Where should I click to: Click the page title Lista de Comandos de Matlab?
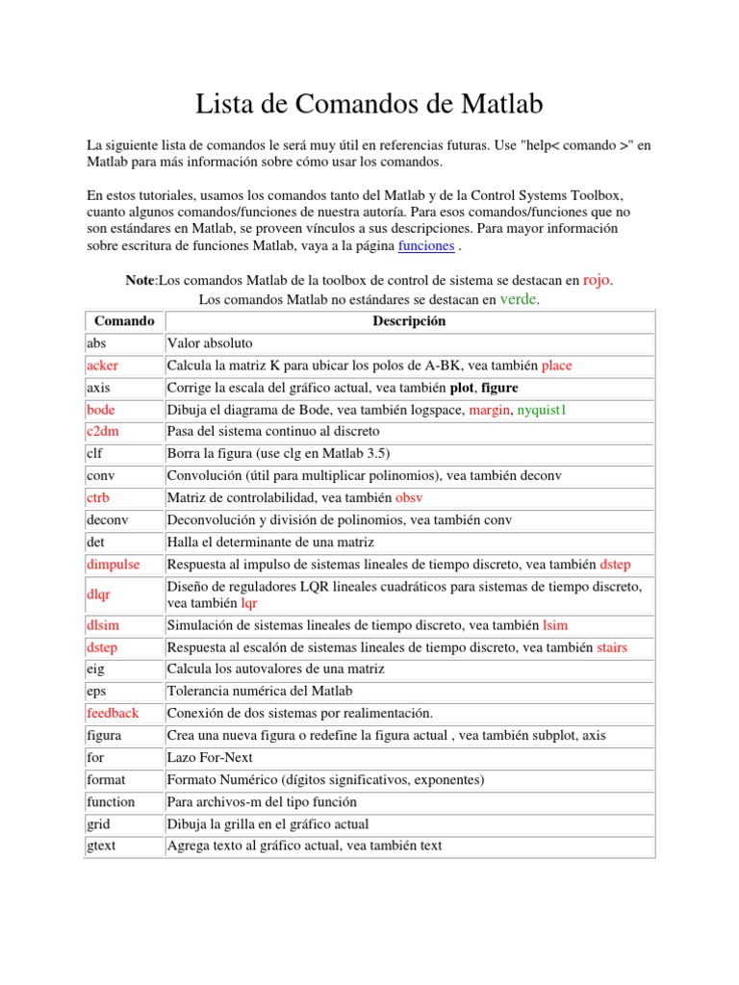point(369,103)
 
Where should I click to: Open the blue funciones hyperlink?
point(425,246)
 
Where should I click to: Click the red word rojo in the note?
point(597,280)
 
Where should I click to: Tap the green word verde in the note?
point(519,300)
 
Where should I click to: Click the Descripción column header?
point(409,321)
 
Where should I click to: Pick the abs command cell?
point(96,342)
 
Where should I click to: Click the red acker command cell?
point(102,366)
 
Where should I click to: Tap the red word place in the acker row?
point(556,366)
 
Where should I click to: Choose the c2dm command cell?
point(102,432)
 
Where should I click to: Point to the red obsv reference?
point(409,498)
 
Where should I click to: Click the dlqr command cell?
point(98,594)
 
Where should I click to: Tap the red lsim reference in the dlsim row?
point(557,625)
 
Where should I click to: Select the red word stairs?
point(612,647)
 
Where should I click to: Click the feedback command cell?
point(113,713)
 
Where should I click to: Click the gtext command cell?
point(101,846)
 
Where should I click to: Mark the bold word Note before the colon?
point(140,280)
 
